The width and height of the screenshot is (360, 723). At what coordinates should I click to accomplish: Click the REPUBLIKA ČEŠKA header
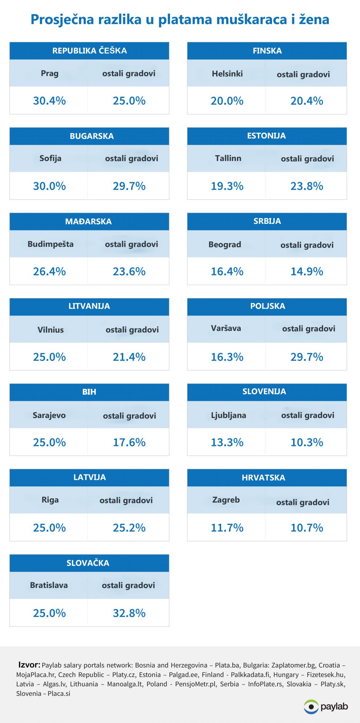(x=89, y=51)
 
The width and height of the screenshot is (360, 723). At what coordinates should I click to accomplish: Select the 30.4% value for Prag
(x=49, y=101)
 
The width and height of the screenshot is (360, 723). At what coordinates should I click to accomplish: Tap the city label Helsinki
(x=227, y=74)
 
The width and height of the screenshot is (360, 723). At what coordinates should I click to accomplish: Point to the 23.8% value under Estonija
(x=307, y=186)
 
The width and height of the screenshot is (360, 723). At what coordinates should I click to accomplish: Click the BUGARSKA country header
(x=92, y=136)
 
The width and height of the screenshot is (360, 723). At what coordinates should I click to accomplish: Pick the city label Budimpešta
(x=51, y=244)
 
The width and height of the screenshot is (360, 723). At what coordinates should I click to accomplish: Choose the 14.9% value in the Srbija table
(x=307, y=272)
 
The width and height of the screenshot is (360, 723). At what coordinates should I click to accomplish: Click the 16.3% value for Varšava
(x=227, y=357)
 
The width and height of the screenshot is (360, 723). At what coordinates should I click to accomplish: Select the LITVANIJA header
(x=89, y=306)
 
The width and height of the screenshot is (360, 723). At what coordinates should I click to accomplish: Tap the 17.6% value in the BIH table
(x=129, y=442)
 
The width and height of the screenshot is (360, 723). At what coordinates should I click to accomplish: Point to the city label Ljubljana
(x=228, y=415)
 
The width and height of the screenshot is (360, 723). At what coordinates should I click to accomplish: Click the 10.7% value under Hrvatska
(x=307, y=528)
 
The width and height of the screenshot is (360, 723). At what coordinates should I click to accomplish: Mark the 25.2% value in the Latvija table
(x=129, y=528)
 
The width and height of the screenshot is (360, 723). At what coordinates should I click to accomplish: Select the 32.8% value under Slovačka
(x=129, y=613)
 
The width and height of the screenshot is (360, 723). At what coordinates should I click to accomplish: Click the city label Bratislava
(x=49, y=585)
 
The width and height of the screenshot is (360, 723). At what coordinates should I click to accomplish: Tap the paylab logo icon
(x=311, y=707)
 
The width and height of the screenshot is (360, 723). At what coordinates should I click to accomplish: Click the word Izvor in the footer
(x=29, y=665)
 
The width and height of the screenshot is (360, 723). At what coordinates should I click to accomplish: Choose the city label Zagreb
(x=226, y=500)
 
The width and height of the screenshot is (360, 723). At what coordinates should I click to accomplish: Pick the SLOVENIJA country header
(x=264, y=391)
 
